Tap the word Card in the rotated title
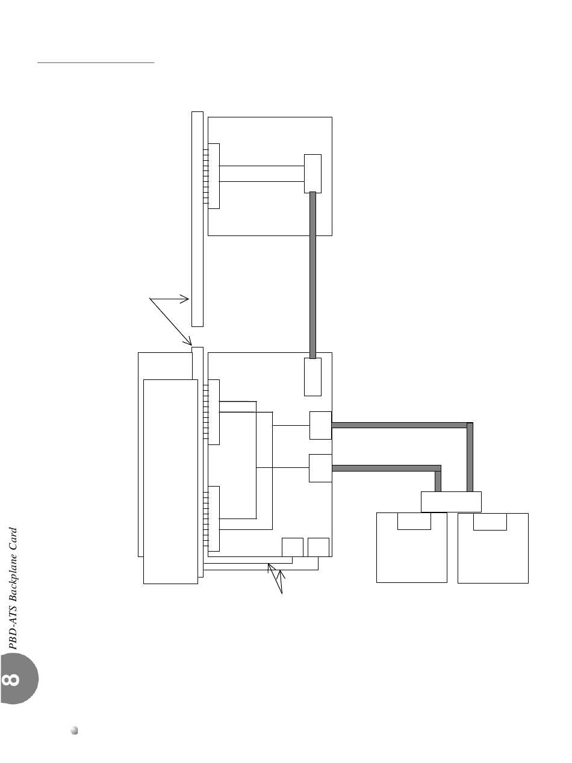(13, 539)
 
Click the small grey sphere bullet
(75, 730)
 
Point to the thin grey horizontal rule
(96, 63)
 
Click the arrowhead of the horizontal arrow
(185, 299)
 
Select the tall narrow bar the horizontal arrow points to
(197, 219)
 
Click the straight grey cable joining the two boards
(312, 275)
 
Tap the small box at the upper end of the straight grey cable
(312, 173)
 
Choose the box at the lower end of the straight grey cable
(312, 377)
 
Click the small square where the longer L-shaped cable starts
(320, 426)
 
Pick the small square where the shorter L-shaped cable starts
(320, 469)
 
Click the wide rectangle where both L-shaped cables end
(451, 502)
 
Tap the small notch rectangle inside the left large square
(414, 522)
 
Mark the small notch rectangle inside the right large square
(490, 522)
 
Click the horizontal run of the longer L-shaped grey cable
(400, 425)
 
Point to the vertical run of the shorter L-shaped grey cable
(438, 481)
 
